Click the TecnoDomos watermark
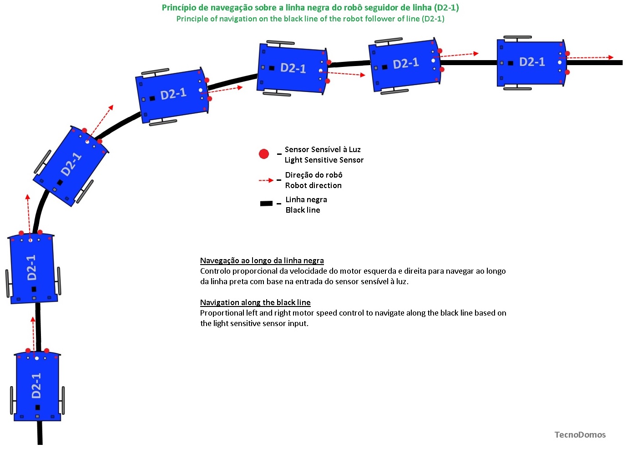pyautogui.click(x=580, y=435)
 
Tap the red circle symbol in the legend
pyautogui.click(x=264, y=154)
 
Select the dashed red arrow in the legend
pyautogui.click(x=266, y=180)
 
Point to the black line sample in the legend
pyautogui.click(x=266, y=204)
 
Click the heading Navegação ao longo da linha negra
pyautogui.click(x=262, y=260)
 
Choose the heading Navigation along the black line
pyautogui.click(x=255, y=302)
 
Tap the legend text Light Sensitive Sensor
pyautogui.click(x=324, y=160)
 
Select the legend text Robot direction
pyautogui.click(x=313, y=185)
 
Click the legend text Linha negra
pyautogui.click(x=306, y=199)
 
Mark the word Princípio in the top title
pyautogui.click(x=179, y=8)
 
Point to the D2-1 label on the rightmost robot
pyautogui.click(x=532, y=62)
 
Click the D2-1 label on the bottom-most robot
pyautogui.click(x=36, y=385)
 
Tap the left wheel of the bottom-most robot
pyautogui.click(x=12, y=400)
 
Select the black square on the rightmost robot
pyautogui.click(x=511, y=63)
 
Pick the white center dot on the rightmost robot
pyautogui.click(x=560, y=62)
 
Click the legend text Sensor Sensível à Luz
pyautogui.click(x=323, y=149)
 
